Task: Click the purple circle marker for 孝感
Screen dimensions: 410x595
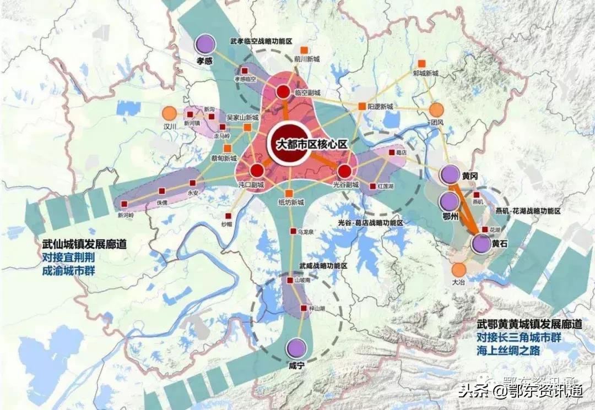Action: (205, 43)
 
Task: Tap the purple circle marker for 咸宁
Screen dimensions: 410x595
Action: (296, 348)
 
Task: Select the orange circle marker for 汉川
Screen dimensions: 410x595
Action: (170, 114)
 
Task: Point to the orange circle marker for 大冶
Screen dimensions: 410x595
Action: (458, 270)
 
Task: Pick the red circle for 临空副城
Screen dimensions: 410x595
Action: (283, 92)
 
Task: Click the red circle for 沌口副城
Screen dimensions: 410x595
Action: (256, 171)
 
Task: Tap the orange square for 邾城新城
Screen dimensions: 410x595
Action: (423, 63)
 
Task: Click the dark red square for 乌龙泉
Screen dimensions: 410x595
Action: (293, 232)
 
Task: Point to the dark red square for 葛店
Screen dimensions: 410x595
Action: (391, 152)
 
